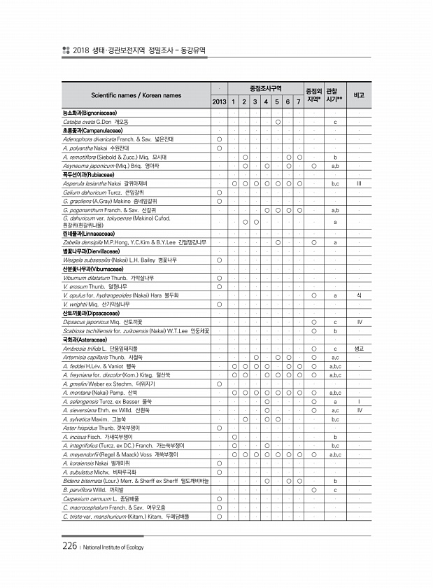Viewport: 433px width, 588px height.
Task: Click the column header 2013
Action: point(219,103)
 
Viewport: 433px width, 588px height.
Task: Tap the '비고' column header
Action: point(358,95)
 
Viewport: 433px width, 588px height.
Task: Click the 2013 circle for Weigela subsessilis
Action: point(219,260)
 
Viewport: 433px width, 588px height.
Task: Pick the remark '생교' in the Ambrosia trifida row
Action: point(358,348)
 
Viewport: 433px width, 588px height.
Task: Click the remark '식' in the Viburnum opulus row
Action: point(358,295)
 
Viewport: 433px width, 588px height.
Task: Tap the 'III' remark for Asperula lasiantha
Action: point(358,183)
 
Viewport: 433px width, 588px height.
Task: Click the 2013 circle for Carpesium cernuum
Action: point(219,498)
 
